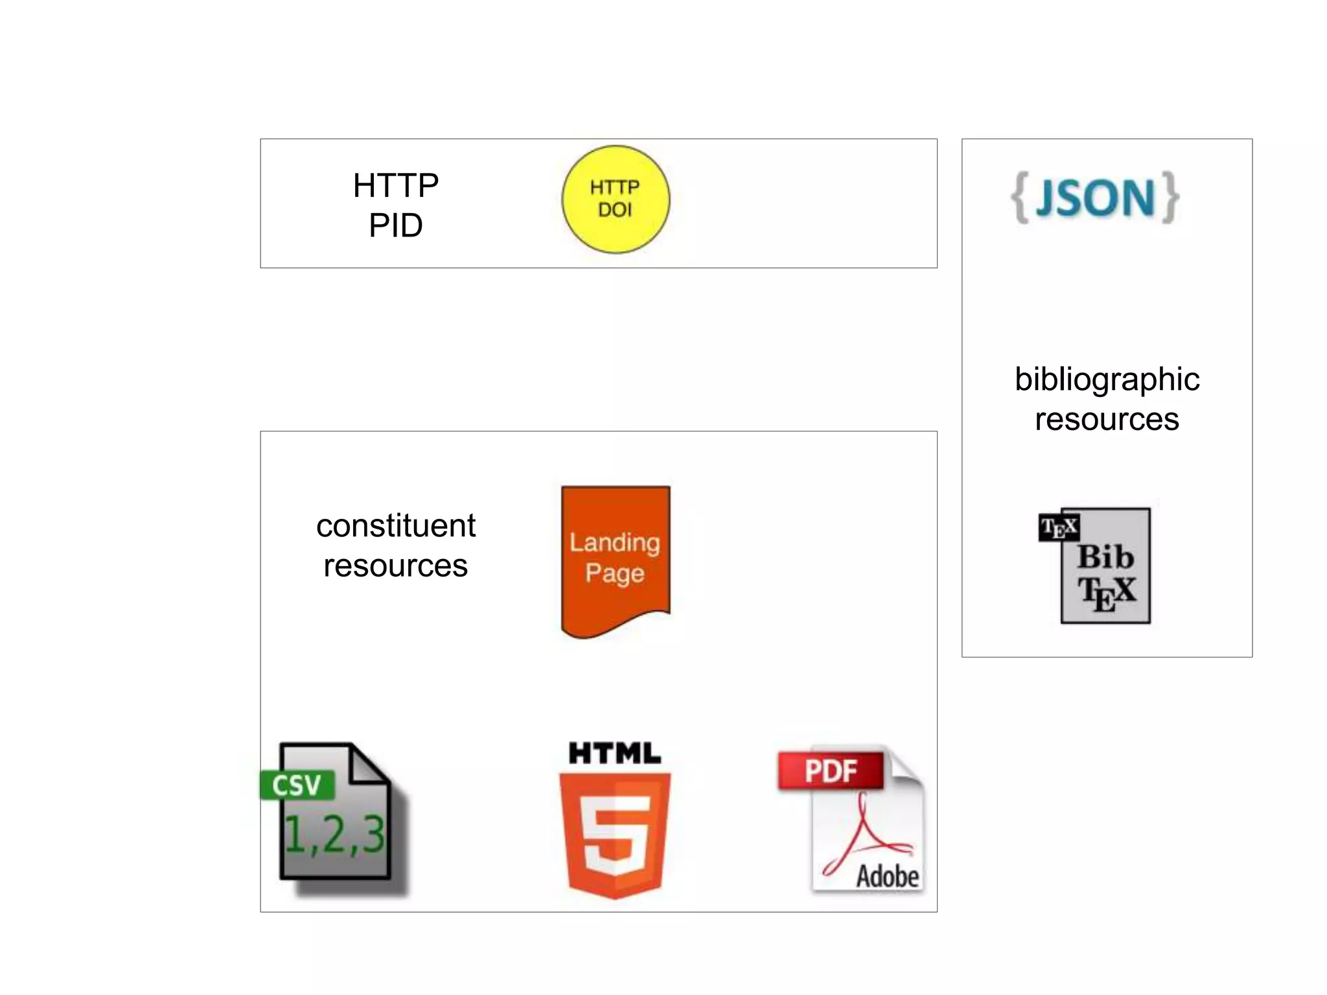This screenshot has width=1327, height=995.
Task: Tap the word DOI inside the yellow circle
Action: (x=614, y=210)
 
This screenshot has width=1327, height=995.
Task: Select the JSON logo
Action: (x=1095, y=198)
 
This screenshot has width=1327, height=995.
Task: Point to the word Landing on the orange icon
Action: (x=614, y=542)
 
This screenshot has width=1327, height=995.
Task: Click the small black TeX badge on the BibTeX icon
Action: (x=1059, y=527)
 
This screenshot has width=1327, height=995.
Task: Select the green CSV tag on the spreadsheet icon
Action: (x=297, y=785)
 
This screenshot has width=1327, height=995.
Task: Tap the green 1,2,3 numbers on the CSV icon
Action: (x=335, y=834)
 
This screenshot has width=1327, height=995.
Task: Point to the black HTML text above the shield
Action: (x=614, y=753)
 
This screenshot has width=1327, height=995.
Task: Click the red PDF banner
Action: (x=831, y=771)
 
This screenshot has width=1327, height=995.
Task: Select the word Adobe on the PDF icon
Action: (x=887, y=876)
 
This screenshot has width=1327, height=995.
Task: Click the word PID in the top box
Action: (x=395, y=226)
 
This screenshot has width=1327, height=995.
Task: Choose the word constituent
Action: (x=396, y=525)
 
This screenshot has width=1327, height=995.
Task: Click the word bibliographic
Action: (x=1107, y=380)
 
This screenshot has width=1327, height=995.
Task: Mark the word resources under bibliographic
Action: (x=1107, y=420)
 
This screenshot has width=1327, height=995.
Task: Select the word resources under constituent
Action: (x=395, y=566)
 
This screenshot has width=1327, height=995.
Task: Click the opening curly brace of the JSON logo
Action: (x=1020, y=198)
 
